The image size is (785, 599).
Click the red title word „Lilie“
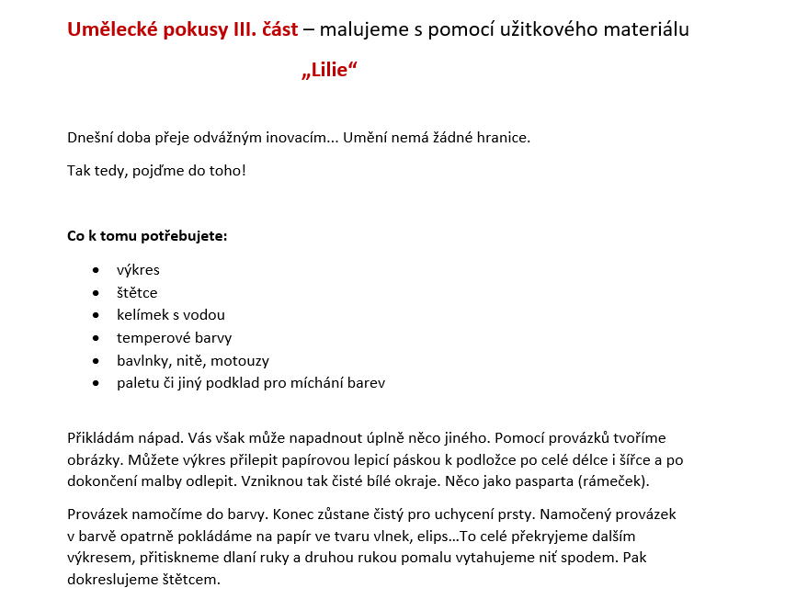[328, 72]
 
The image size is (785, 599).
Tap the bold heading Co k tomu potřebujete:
[147, 236]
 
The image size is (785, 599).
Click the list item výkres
[138, 270]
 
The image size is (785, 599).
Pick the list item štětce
[137, 293]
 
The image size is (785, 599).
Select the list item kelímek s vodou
[171, 315]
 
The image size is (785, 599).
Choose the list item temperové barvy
[175, 338]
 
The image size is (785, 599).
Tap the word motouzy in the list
[241, 361]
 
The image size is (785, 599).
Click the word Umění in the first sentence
[367, 138]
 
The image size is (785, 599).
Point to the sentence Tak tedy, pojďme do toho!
[156, 171]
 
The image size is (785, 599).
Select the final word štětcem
[189, 581]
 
